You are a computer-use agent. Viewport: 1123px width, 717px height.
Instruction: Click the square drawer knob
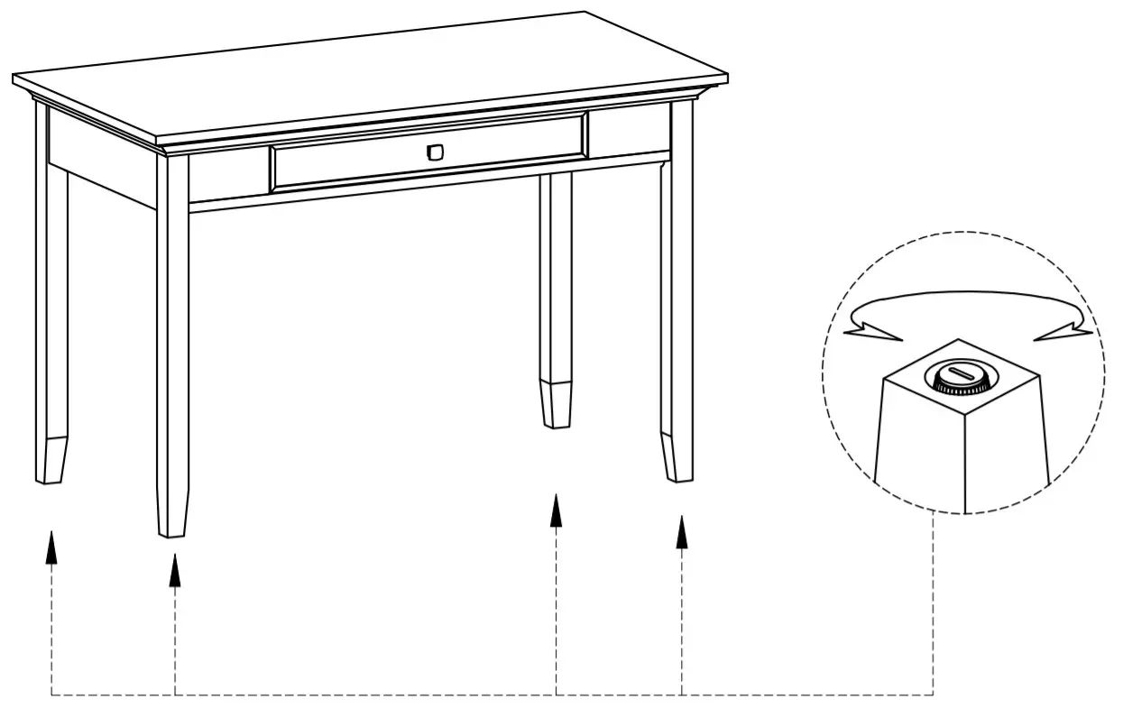pyautogui.click(x=435, y=152)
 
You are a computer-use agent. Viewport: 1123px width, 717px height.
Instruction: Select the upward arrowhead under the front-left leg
pyautogui.click(x=175, y=571)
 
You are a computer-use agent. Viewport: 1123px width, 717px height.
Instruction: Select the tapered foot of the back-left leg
pyautogui.click(x=53, y=461)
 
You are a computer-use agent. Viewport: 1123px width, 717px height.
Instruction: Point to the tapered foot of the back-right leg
pyautogui.click(x=557, y=404)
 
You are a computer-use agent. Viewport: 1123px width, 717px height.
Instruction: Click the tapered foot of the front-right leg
pyautogui.click(x=677, y=457)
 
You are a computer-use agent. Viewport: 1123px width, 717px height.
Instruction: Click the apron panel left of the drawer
pyautogui.click(x=227, y=176)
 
